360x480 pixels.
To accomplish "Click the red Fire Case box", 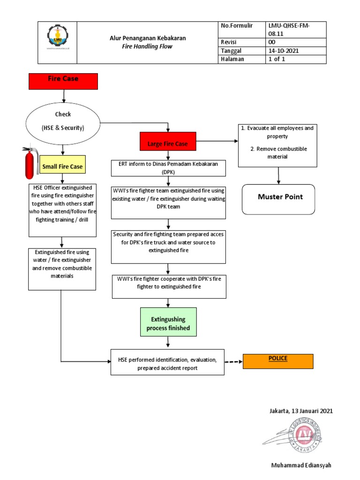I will (x=63, y=81).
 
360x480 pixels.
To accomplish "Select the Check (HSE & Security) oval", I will (x=63, y=121).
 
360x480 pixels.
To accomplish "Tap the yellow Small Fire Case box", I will (x=62, y=166).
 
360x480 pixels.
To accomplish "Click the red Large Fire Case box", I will (x=168, y=143).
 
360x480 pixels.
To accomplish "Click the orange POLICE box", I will (x=277, y=361).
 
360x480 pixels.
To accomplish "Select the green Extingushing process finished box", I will (x=168, y=323).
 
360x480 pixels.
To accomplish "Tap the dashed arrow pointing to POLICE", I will (x=233, y=361).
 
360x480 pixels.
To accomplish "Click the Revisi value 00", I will (x=272, y=42).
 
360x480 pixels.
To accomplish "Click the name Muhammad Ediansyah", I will (x=302, y=465).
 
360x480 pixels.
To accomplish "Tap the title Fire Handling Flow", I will (x=148, y=46).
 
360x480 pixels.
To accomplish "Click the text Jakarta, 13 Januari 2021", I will (x=301, y=411).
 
